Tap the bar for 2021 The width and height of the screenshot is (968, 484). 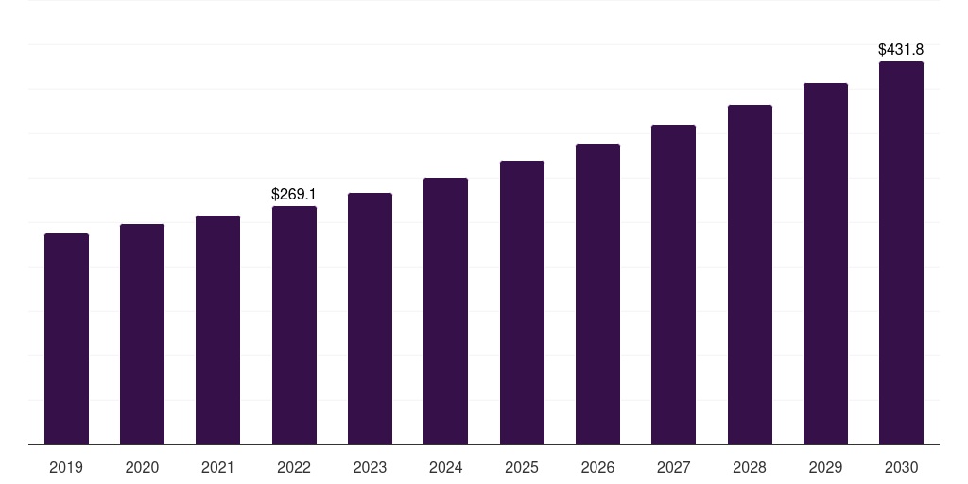(218, 330)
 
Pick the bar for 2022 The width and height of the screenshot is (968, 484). (294, 325)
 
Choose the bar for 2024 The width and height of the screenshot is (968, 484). (445, 311)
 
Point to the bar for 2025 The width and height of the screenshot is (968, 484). (522, 302)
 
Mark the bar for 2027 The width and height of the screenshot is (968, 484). (673, 285)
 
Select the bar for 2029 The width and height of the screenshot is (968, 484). (825, 264)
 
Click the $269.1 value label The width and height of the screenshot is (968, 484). (294, 194)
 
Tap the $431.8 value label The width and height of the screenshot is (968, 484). (901, 49)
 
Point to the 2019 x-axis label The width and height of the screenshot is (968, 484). (66, 467)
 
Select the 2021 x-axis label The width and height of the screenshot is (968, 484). (218, 467)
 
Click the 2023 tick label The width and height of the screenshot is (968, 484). (370, 467)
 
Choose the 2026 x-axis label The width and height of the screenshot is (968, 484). (597, 467)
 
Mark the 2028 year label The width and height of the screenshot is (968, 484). (750, 467)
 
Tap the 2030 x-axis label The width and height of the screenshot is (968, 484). (901, 467)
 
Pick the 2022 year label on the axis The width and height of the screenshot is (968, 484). (294, 467)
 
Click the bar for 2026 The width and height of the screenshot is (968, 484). (597, 294)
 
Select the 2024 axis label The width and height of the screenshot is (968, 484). (445, 467)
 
